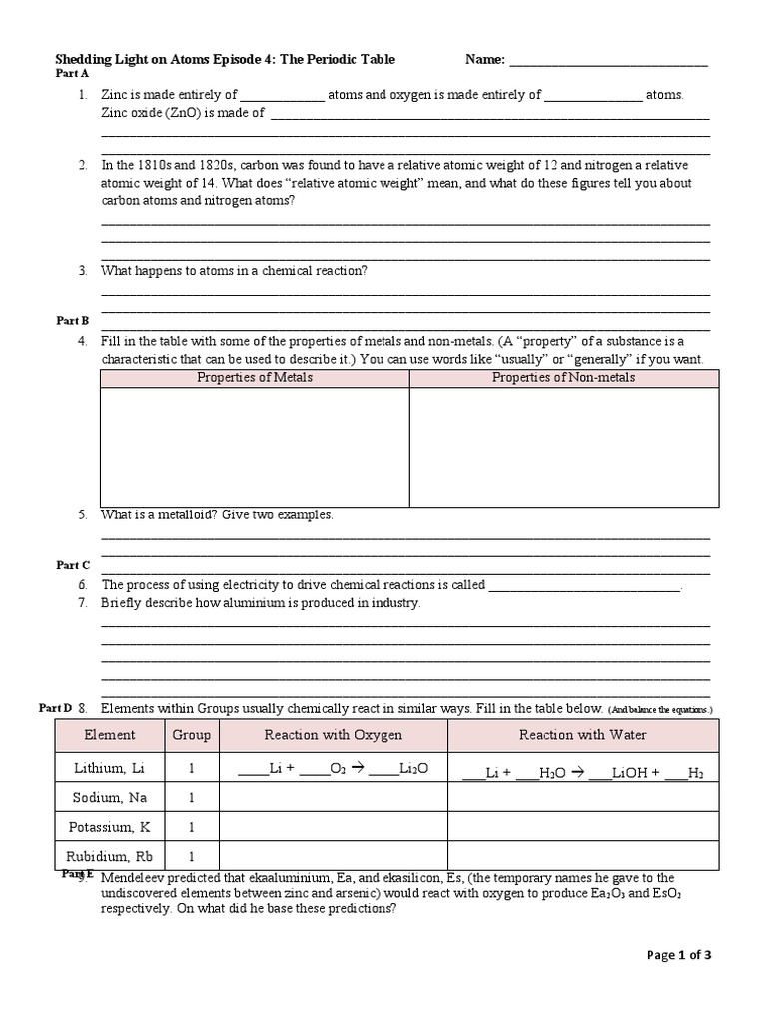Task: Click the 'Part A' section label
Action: (x=72, y=74)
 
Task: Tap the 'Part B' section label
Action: (x=72, y=320)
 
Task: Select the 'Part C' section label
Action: (x=73, y=565)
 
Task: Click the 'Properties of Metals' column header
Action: (x=255, y=378)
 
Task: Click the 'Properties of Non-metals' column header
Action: (x=563, y=378)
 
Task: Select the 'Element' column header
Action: (x=110, y=735)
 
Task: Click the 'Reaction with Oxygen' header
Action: (x=334, y=735)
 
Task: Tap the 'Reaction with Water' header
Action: (x=583, y=735)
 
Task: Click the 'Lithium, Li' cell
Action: (x=110, y=768)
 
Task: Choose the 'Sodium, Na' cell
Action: (x=110, y=798)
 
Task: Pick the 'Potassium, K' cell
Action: (x=110, y=827)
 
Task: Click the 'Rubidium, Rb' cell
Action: (x=110, y=856)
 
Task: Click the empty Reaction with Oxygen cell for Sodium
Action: (x=334, y=798)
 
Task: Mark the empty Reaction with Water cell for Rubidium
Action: (x=583, y=856)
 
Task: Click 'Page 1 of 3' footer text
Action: (x=679, y=955)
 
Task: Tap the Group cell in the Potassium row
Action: (x=191, y=827)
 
